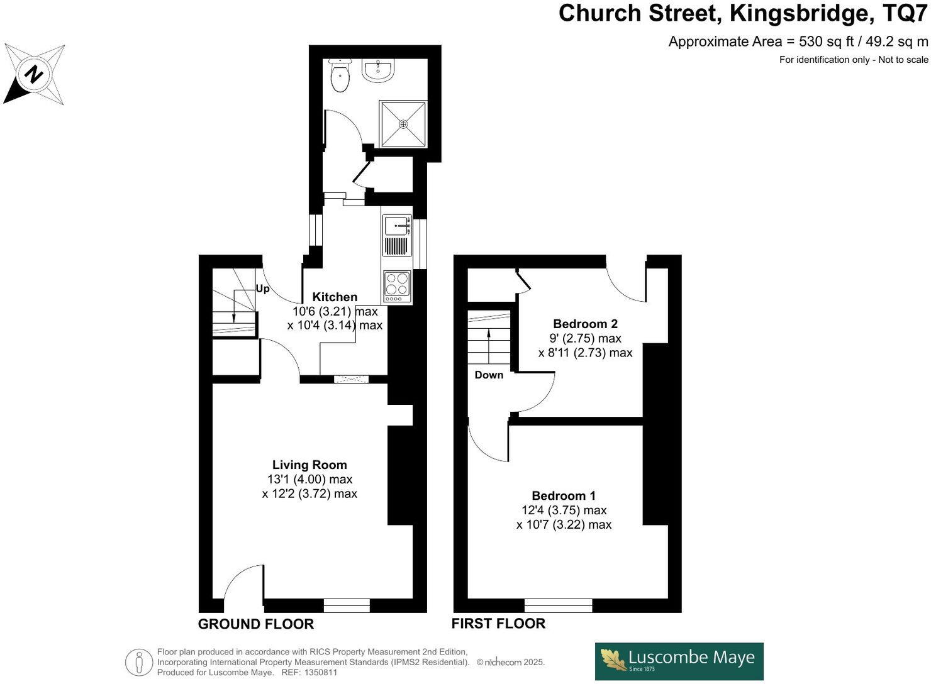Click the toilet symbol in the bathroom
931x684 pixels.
(340, 77)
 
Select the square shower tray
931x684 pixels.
(403, 123)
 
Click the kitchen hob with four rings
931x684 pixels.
(397, 284)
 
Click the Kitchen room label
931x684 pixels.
(335, 297)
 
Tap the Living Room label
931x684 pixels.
(309, 465)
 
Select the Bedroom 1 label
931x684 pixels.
(564, 495)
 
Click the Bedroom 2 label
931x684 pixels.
(585, 324)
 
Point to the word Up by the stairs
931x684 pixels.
(262, 289)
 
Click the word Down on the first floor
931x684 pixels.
(489, 375)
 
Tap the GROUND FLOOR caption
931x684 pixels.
(255, 624)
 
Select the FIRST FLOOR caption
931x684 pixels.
(498, 624)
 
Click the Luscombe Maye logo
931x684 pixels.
(679, 661)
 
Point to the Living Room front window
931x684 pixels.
(347, 606)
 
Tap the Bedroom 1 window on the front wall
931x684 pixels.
(558, 606)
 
